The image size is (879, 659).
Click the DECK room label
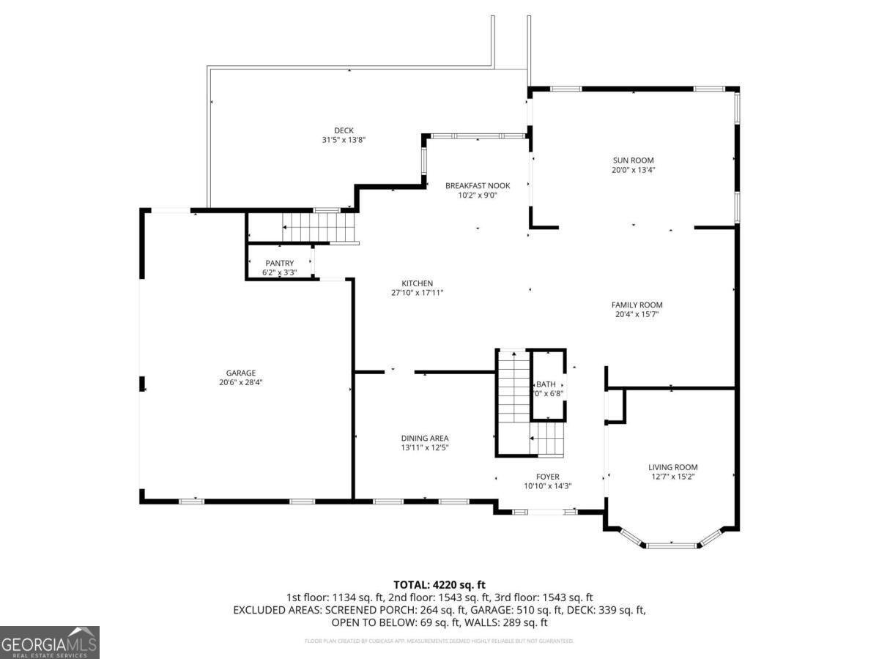click(344, 130)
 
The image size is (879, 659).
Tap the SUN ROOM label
click(633, 160)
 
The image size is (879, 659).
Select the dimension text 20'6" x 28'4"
click(240, 382)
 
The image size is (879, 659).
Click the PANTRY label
click(280, 264)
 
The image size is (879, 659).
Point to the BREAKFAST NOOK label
click(478, 186)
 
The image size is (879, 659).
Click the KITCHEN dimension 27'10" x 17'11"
click(417, 293)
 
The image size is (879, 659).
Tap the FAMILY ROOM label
click(637, 305)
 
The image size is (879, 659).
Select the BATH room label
click(546, 384)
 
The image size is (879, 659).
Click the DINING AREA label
click(424, 438)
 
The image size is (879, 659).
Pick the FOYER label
click(547, 477)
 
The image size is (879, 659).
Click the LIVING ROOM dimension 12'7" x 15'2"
click(672, 477)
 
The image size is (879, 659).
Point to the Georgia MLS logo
click(49, 642)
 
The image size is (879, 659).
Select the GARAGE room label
click(240, 373)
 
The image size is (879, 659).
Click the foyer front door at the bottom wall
click(543, 512)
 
